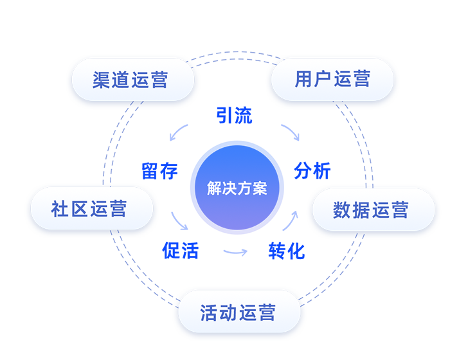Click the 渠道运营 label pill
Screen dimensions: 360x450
click(132, 79)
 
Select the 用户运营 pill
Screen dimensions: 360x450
click(332, 79)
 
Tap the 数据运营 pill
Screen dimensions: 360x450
click(373, 210)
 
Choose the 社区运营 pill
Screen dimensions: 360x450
click(91, 208)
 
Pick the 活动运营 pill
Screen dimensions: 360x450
click(239, 313)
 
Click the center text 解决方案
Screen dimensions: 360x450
click(237, 188)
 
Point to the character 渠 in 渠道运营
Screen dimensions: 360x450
click(102, 80)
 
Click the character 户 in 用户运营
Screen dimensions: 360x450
click(323, 79)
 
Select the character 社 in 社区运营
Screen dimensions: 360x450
click(60, 209)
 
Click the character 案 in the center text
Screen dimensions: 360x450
click(259, 188)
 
